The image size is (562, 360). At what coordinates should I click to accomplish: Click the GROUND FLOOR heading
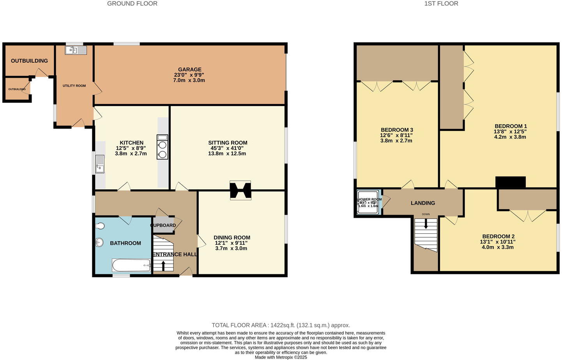(x=132, y=4)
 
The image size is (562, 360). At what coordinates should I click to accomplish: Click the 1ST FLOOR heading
(x=441, y=4)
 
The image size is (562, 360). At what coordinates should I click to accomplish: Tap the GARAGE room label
(x=190, y=69)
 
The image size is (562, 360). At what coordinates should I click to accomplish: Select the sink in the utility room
(x=76, y=50)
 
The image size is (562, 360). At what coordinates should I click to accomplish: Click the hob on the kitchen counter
(x=163, y=147)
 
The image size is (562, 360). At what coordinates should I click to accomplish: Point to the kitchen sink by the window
(x=100, y=164)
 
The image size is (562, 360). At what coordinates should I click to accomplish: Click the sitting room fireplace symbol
(x=240, y=191)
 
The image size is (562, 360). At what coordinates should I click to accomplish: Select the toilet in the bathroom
(x=100, y=226)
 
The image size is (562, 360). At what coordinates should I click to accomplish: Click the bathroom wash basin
(x=99, y=243)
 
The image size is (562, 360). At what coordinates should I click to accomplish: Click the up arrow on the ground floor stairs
(x=163, y=266)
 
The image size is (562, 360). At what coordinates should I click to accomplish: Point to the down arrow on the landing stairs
(x=426, y=224)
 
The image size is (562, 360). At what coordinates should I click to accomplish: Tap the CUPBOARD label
(x=163, y=225)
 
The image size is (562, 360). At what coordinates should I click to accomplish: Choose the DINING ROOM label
(x=232, y=237)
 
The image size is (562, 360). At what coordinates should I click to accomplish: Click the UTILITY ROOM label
(x=74, y=86)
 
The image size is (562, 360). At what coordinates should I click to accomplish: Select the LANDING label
(x=423, y=203)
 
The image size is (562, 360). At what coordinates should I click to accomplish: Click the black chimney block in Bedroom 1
(x=510, y=182)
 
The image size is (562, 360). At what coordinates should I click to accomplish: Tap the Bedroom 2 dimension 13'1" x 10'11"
(x=498, y=242)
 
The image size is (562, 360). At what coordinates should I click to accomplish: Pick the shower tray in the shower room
(x=368, y=203)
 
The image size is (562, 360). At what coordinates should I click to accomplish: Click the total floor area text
(x=281, y=325)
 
